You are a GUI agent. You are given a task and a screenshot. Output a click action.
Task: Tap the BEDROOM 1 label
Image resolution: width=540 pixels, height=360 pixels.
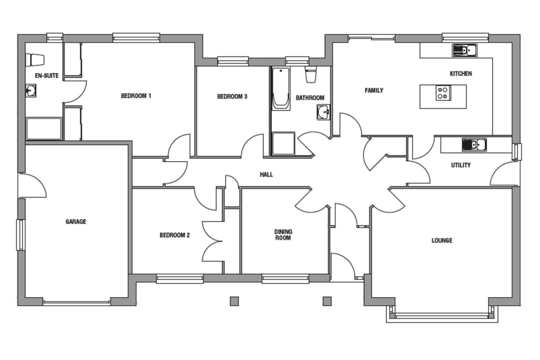click(136, 96)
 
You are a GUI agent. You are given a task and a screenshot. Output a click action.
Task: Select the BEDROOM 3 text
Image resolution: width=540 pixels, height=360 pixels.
click(232, 96)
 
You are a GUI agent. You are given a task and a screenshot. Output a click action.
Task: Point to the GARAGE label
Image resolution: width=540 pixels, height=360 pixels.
click(76, 222)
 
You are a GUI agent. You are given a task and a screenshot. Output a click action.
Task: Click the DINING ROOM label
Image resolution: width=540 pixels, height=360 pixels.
click(283, 235)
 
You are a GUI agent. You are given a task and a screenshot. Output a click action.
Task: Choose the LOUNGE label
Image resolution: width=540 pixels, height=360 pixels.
click(442, 240)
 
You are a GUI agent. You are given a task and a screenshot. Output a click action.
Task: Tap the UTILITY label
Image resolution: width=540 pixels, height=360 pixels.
click(461, 165)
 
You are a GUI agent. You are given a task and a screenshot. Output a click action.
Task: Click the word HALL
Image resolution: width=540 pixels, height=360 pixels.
click(266, 174)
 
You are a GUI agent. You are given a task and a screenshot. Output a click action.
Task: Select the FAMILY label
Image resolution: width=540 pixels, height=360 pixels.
click(374, 91)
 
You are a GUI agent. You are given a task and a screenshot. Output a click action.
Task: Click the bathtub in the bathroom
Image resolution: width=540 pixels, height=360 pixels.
click(281, 89)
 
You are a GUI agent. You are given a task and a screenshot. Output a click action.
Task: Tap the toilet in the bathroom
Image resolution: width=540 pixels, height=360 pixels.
click(311, 75)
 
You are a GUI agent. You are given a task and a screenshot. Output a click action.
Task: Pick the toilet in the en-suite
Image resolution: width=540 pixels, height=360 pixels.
click(36, 60)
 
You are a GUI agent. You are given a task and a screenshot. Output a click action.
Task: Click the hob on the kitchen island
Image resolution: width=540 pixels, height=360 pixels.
click(443, 93)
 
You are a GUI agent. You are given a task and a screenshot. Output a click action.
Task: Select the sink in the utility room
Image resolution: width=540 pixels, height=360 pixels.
click(474, 144)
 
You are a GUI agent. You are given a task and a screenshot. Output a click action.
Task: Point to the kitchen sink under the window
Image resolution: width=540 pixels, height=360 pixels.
click(464, 51)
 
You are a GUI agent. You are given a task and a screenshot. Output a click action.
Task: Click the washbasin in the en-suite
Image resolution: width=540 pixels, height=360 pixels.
click(31, 91)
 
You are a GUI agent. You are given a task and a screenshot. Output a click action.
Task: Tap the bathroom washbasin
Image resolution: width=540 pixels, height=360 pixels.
click(323, 112)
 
